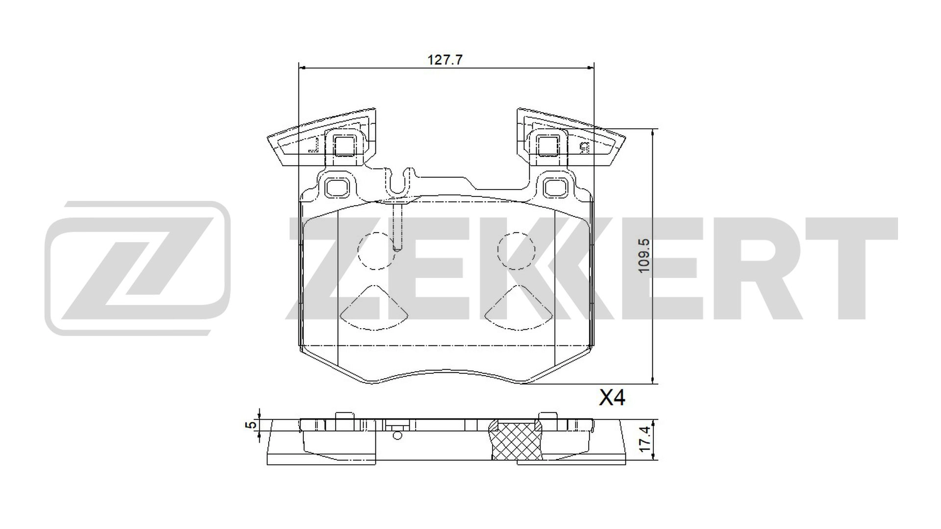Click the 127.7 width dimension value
click(x=445, y=60)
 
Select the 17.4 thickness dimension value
click(x=645, y=439)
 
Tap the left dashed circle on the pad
click(x=376, y=251)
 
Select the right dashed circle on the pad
click(x=516, y=251)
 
